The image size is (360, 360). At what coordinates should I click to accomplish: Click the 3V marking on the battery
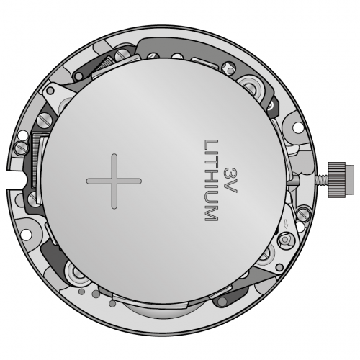(x=230, y=180)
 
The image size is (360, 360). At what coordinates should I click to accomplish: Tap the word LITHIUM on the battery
(x=211, y=180)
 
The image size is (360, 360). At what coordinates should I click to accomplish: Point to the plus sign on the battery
(x=114, y=181)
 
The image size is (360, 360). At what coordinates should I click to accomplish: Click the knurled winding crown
(x=341, y=179)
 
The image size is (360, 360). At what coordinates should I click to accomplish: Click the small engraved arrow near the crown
(x=286, y=224)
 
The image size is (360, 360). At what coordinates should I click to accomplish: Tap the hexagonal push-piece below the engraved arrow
(x=286, y=240)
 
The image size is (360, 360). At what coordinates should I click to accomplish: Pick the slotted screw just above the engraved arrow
(x=303, y=215)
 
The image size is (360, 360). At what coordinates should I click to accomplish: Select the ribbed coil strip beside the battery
(x=35, y=161)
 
